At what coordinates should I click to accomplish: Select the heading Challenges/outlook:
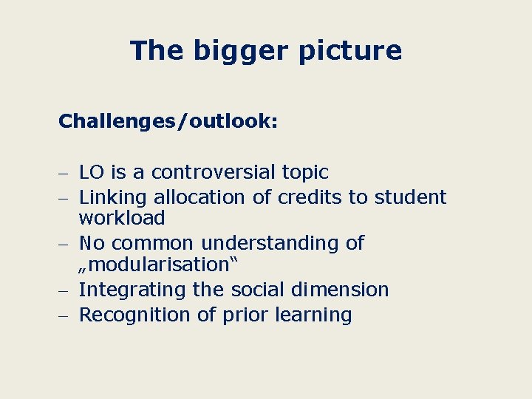pyautogui.click(x=168, y=120)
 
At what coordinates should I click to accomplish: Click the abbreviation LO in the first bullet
pyautogui.click(x=92, y=173)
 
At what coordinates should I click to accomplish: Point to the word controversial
pyautogui.click(x=214, y=173)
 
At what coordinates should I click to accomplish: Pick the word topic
pyautogui.click(x=305, y=173)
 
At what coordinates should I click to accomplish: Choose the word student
pyautogui.click(x=411, y=197)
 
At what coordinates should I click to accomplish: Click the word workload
pyautogui.click(x=122, y=218)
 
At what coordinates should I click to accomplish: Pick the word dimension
pyautogui.click(x=339, y=290)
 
